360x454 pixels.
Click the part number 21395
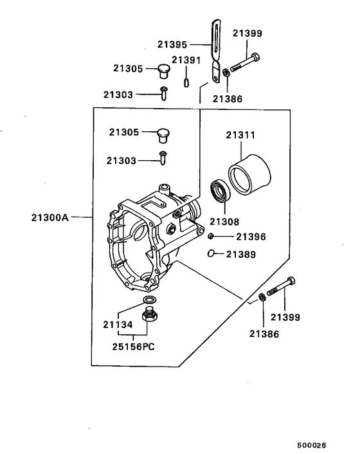[x=172, y=45]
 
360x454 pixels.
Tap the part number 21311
[x=240, y=136]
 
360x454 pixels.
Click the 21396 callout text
[x=250, y=237]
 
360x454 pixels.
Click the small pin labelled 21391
[x=186, y=82]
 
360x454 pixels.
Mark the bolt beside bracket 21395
[x=246, y=64]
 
